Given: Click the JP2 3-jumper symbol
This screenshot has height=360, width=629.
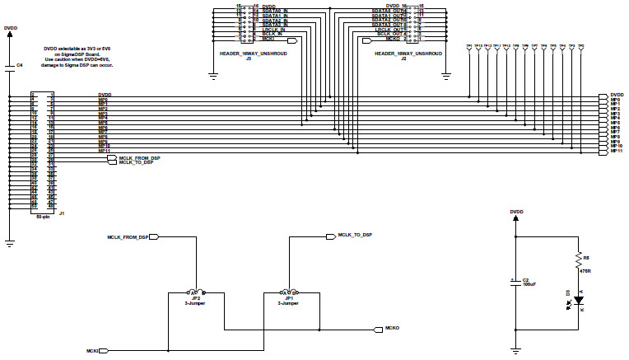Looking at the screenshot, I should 195,292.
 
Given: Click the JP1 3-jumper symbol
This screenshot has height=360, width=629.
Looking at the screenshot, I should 289,292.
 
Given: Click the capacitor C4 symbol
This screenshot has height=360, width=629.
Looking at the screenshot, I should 10,69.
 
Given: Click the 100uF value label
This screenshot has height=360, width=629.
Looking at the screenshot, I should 530,285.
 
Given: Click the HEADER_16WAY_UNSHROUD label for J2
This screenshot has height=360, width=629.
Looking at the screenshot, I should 408,53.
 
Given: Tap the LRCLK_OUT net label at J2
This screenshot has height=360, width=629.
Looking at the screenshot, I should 388,29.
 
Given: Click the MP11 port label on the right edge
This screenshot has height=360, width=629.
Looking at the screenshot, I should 615,152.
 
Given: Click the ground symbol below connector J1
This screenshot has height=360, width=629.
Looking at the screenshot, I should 10,244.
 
